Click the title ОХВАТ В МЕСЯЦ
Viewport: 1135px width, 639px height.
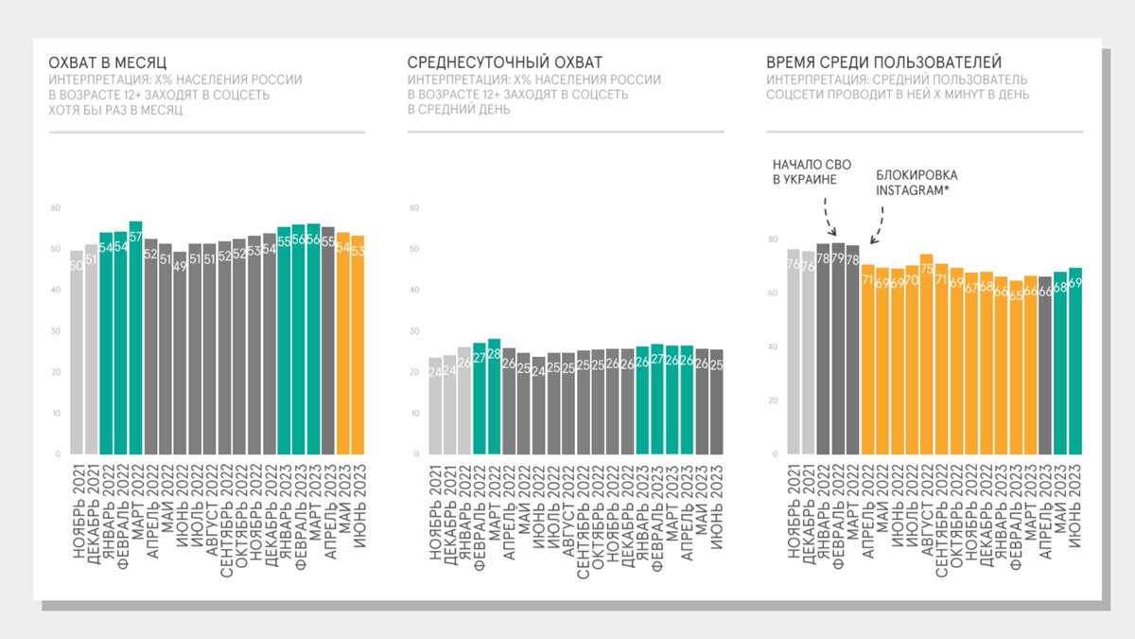pos(108,62)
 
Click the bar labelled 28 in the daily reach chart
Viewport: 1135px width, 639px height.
pos(494,397)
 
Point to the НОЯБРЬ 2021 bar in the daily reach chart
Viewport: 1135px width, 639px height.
pos(435,406)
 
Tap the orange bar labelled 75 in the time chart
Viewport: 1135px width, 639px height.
pos(927,354)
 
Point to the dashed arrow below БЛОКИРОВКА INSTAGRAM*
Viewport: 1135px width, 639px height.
pos(878,224)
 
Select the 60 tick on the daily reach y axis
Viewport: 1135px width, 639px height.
pos(412,207)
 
